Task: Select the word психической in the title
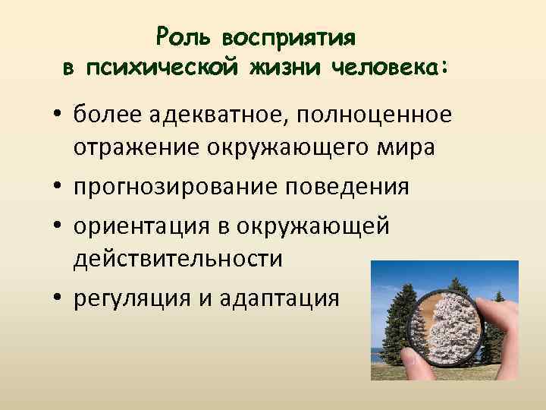pos(162,68)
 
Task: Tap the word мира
pos(408,148)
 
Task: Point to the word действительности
pos(178,259)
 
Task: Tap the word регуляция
pos(129,297)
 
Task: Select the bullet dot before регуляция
pos(57,298)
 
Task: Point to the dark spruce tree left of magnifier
pos(400,326)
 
